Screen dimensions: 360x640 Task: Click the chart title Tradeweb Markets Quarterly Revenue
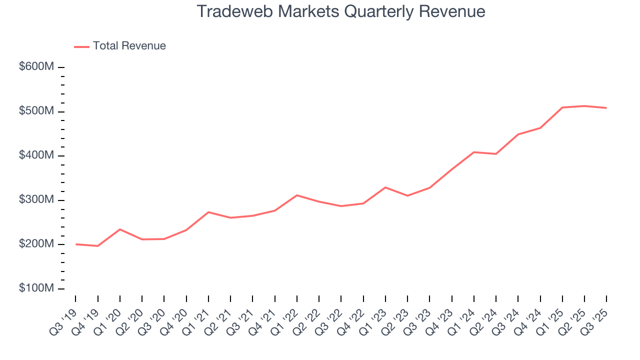tap(340, 11)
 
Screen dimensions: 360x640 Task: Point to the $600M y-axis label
tap(36, 67)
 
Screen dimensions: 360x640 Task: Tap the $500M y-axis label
tap(36, 111)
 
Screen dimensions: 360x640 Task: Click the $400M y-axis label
tap(36, 155)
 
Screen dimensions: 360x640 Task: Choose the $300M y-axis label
tap(36, 200)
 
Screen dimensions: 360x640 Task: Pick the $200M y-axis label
tap(36, 244)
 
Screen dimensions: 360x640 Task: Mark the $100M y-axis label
tap(36, 288)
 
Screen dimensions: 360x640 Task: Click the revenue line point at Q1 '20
tap(120, 229)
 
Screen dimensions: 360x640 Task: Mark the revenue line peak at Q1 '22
tap(297, 195)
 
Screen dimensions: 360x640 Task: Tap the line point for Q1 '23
tap(385, 187)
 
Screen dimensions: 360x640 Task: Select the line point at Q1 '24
tap(474, 152)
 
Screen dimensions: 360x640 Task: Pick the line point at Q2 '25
tap(584, 106)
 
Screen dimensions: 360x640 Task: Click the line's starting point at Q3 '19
tap(76, 244)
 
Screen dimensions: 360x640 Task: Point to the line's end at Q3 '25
tap(606, 108)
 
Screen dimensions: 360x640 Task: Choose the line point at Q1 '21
tap(208, 212)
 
